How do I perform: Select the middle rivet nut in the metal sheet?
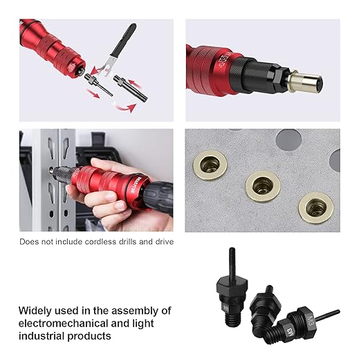coord(262,185)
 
